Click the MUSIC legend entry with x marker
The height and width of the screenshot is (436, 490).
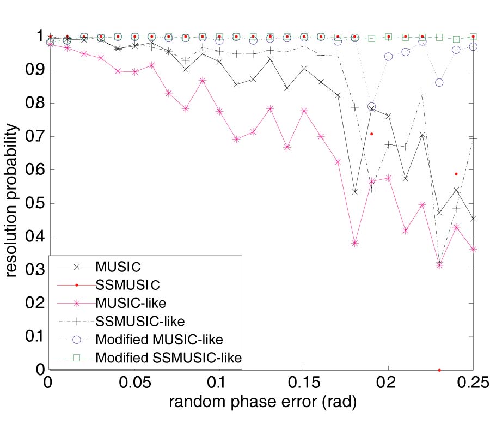click(118, 267)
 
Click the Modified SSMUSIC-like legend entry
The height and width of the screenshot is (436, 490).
click(168, 358)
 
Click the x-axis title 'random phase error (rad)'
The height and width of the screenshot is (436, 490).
click(262, 403)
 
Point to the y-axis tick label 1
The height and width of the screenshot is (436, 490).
click(38, 37)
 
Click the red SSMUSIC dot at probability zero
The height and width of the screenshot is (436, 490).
click(439, 370)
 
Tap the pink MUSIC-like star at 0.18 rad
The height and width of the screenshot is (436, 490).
click(354, 243)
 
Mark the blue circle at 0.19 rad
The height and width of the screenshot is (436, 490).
click(372, 107)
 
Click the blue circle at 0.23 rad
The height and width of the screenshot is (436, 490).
click(439, 82)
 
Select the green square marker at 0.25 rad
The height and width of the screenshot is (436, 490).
click(473, 37)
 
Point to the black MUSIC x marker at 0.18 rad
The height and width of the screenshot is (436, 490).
click(354, 192)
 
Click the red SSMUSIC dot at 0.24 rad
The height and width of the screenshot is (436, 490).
click(456, 174)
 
